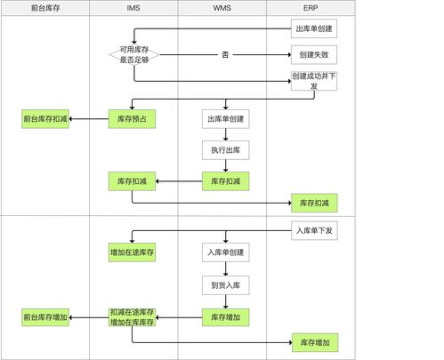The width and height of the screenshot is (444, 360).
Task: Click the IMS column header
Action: [133, 8]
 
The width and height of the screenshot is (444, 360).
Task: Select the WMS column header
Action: [222, 8]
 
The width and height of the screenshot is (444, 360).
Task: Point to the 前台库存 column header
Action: [45, 8]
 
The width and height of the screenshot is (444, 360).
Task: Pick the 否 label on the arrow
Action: [225, 55]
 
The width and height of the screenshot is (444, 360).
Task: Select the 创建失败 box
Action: [315, 55]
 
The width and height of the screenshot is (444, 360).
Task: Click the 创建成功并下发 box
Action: [315, 81]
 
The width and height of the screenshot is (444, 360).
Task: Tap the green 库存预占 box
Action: [132, 118]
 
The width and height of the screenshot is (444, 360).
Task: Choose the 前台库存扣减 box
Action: [44, 118]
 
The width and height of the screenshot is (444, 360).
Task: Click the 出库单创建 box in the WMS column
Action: [225, 118]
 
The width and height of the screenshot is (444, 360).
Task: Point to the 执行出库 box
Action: [225, 149]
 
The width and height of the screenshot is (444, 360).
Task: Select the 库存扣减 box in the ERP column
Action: [315, 204]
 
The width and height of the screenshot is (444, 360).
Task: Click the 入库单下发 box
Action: [315, 230]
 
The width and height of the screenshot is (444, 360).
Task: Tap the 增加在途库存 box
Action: [132, 252]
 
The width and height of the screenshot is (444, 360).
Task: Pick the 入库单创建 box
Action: [225, 252]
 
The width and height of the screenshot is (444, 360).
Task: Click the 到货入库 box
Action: [225, 284]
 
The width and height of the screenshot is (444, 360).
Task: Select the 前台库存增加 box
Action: [44, 317]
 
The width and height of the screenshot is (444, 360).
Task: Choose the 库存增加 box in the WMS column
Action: [225, 317]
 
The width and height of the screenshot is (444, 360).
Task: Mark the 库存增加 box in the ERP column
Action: [315, 342]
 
